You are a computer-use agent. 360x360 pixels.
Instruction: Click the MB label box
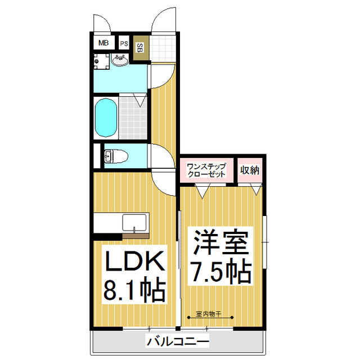click(x=104, y=43)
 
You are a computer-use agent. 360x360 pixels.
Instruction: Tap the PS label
click(x=124, y=43)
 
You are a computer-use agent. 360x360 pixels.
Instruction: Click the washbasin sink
click(x=120, y=60)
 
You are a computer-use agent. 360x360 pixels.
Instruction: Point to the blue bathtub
click(x=105, y=118)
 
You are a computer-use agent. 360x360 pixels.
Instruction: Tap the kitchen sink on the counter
click(x=135, y=222)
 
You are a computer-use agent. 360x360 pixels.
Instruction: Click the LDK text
click(x=134, y=262)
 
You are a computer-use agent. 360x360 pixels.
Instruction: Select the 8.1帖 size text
click(x=134, y=291)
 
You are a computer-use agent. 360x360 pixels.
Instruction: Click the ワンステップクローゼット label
click(x=206, y=170)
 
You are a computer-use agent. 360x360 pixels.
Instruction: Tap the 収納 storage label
click(x=249, y=170)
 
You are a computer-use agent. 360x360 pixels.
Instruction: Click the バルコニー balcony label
click(x=178, y=341)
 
